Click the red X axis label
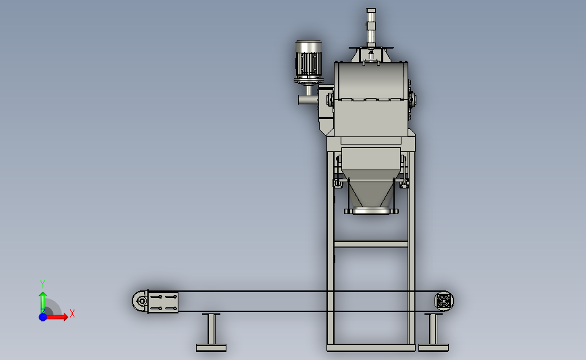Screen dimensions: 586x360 [x=72, y=313]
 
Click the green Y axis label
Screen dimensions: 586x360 [x=42, y=284]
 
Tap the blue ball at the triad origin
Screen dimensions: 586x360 [x=43, y=317]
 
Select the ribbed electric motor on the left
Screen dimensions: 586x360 [x=309, y=61]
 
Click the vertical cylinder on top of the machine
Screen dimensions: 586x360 [x=371, y=28]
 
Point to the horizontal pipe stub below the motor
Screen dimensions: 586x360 [x=308, y=100]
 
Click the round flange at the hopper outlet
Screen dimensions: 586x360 [x=371, y=211]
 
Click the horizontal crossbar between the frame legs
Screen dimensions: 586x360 [x=371, y=244]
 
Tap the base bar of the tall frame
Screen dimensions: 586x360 [x=371, y=348]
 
